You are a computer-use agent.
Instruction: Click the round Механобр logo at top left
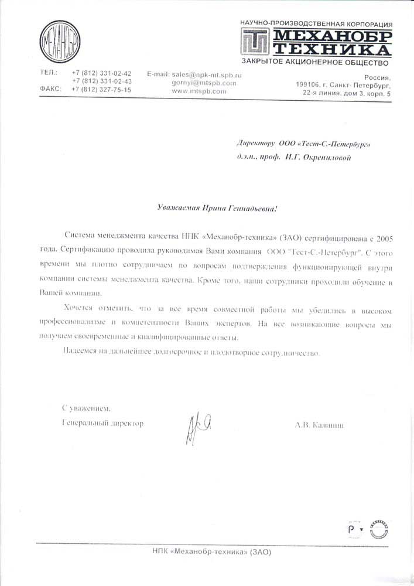tap(59, 42)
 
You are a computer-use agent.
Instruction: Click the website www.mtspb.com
tap(199, 91)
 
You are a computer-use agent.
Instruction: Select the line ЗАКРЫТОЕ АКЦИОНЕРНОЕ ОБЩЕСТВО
tap(315, 62)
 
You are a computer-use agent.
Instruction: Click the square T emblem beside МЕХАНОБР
tap(256, 42)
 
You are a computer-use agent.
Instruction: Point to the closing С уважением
tap(86, 408)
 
